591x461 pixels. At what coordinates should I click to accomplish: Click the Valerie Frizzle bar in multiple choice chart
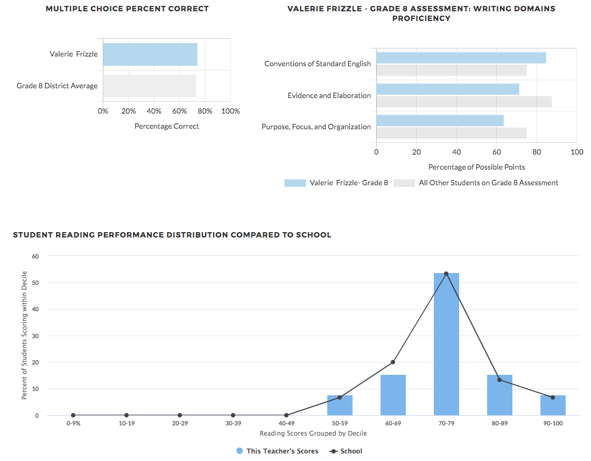pos(150,54)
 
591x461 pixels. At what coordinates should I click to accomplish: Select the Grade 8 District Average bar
pos(149,86)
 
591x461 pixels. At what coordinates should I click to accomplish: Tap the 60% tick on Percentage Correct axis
pos(180,111)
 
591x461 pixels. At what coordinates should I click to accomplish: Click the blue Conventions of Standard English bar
pos(461,58)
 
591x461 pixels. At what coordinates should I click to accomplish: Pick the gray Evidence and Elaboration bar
pos(463,101)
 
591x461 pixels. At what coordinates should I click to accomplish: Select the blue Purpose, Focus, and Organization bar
pos(440,121)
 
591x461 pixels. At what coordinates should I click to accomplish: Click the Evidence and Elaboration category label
pos(329,95)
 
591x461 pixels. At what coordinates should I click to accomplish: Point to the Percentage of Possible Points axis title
pos(476,167)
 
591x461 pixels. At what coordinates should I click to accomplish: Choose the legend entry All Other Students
pos(488,183)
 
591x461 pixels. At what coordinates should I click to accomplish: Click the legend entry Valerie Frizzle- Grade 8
pos(348,183)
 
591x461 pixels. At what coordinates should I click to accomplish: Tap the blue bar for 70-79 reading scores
pos(446,344)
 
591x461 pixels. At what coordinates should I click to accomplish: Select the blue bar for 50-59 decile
pos(340,405)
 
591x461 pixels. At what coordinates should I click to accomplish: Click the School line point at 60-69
pos(393,362)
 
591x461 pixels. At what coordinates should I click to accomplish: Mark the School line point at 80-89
pos(499,380)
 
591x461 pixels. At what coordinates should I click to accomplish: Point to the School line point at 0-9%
pos(73,415)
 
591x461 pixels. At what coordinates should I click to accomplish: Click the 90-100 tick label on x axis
pos(553,423)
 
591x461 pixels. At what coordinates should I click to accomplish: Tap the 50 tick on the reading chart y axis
pos(36,283)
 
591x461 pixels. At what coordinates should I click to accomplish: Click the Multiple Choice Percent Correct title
pos(127,9)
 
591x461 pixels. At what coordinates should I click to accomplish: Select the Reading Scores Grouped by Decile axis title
pos(313,433)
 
